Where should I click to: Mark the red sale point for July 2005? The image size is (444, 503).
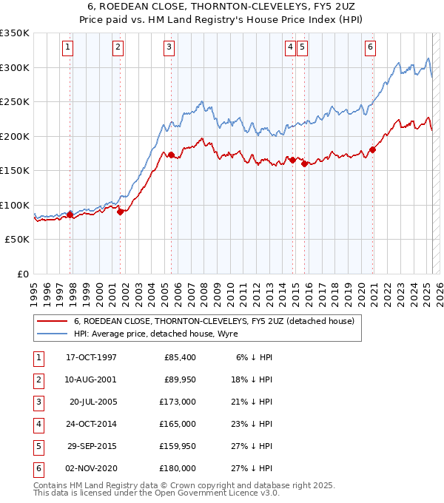pos(171,155)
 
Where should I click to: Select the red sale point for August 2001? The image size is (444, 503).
pos(120,212)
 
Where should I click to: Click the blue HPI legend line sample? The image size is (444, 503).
pos(52,334)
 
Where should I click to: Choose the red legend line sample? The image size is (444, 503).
pos(52,321)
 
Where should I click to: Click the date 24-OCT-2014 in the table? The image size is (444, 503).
pos(91,424)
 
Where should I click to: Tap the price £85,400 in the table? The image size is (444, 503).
pos(180,357)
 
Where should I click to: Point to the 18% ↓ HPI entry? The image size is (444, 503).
pos(252,379)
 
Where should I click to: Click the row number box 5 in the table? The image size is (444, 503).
pos(38,446)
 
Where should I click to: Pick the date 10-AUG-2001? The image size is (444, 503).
pos(91,379)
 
